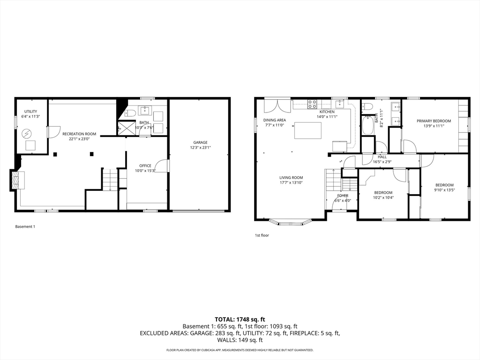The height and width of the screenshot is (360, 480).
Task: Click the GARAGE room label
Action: [x=200, y=142]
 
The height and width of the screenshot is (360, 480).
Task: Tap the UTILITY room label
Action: [x=30, y=112]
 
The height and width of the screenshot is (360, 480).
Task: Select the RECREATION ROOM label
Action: [x=79, y=134]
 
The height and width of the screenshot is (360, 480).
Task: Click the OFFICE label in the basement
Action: [x=145, y=165]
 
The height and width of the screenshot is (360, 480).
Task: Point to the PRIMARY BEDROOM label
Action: [x=434, y=121]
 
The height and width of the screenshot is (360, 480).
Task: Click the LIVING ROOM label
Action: [x=291, y=178]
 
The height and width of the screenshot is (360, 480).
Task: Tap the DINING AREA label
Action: [x=275, y=120]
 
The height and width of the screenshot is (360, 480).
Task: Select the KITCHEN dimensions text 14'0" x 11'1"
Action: [x=327, y=117]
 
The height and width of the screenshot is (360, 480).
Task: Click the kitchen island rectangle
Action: [x=308, y=130]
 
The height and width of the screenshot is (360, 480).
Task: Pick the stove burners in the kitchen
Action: [x=312, y=105]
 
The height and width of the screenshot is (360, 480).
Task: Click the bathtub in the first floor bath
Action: [x=367, y=126]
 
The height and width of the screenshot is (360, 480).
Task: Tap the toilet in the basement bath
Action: [x=130, y=113]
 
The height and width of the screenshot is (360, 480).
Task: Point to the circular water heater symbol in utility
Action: [x=26, y=134]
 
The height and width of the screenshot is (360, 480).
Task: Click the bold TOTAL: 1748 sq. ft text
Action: [x=240, y=320]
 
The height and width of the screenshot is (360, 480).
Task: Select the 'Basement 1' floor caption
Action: [x=25, y=226]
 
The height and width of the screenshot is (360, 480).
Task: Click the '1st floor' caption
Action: [x=262, y=235]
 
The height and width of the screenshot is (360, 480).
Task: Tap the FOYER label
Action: [x=343, y=195]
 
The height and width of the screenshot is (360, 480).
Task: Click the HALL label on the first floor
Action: [x=382, y=157]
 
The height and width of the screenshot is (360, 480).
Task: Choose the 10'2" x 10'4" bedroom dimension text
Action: [x=383, y=197]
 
